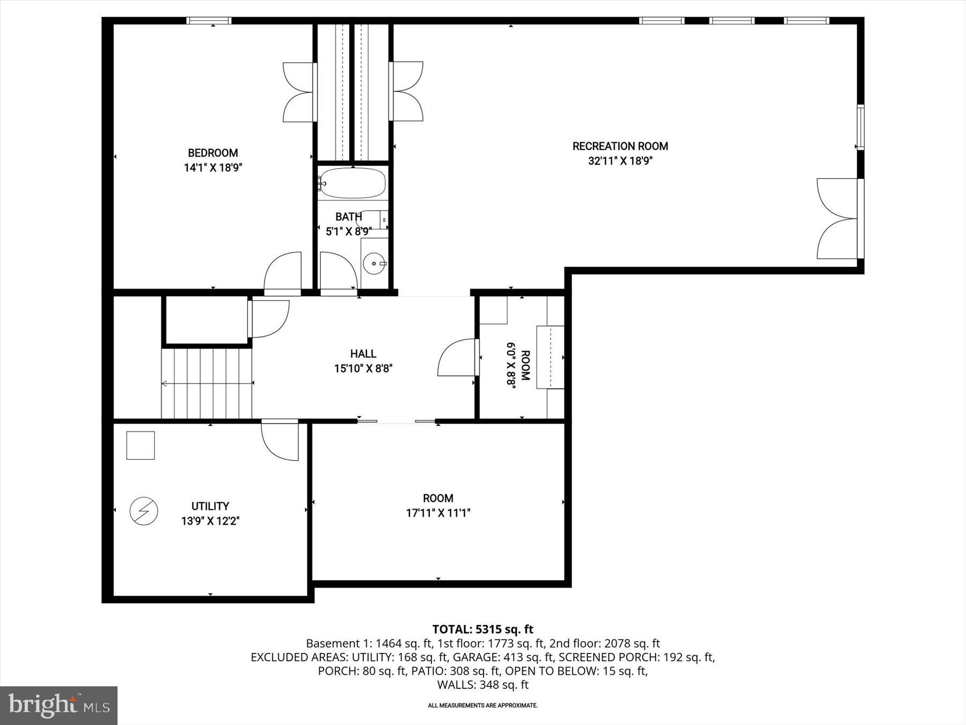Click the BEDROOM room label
213,153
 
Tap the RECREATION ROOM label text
620,146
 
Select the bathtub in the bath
352,183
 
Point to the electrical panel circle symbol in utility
144,511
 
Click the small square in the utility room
141,445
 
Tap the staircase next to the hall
207,383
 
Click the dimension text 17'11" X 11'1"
438,513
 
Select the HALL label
363,353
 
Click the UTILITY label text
210,506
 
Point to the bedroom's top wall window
209,21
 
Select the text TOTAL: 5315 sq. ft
482,629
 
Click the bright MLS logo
58,705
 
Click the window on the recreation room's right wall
860,127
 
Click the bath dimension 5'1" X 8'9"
349,232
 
